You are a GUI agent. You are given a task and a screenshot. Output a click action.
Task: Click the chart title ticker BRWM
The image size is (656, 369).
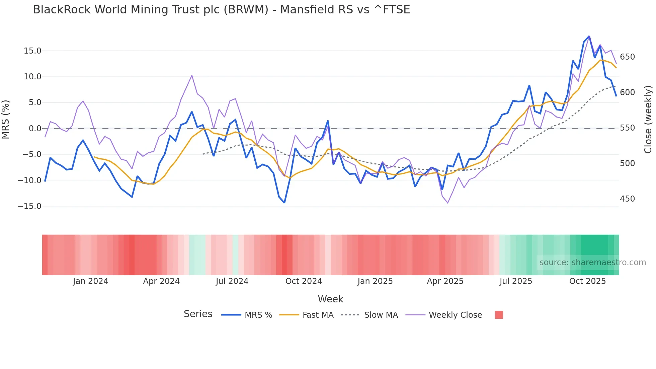pos(246,10)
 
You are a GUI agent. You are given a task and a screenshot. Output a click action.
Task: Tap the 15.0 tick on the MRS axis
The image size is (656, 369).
pos(32,51)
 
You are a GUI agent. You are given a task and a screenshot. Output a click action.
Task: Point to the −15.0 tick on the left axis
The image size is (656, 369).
pos(29,206)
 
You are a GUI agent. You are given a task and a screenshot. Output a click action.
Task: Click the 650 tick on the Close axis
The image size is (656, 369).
pos(627,57)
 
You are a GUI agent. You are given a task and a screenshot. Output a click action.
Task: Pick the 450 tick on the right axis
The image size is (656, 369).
pos(627,199)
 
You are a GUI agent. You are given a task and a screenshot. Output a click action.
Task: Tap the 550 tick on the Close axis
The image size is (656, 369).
pos(627,128)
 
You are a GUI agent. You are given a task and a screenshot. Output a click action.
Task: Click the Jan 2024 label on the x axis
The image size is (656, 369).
pos(90,281)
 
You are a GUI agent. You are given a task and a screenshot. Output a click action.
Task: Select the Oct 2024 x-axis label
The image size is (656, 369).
pos(304,281)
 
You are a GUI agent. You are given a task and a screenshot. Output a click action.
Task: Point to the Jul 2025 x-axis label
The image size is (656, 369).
pos(516,281)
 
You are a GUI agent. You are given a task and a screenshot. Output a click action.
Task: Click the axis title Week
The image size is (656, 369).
pos(330,299)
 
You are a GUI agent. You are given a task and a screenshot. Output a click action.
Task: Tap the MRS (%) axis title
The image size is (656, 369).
pos(6,119)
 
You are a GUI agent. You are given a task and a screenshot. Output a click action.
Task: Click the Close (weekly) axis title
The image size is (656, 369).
pos(648,119)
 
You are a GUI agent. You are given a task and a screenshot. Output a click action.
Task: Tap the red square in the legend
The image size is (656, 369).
pos(499,315)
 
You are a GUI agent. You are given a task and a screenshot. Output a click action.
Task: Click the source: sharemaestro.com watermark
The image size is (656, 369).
pos(592,263)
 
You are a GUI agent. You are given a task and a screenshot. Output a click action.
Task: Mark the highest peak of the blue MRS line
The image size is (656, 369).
pos(589,36)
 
